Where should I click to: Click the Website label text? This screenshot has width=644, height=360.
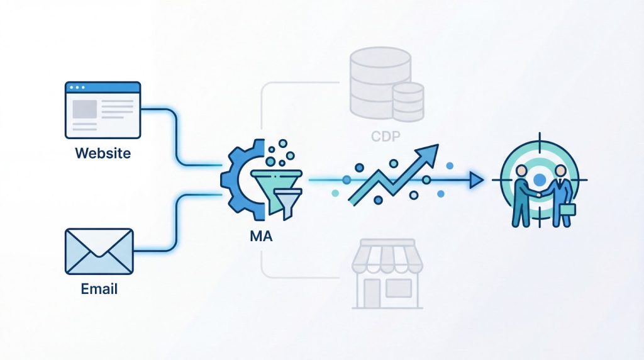tap(103, 153)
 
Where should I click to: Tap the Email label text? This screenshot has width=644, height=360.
tap(99, 290)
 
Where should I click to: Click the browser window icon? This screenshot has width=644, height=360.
tap(103, 110)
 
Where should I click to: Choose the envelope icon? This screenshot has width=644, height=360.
tap(99, 251)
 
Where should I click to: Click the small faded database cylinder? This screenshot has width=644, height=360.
tap(408, 101)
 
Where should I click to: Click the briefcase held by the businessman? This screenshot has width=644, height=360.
tap(568, 210)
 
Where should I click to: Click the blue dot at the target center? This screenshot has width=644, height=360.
tap(539, 180)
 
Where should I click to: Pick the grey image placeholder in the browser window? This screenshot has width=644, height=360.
tap(84, 110)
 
